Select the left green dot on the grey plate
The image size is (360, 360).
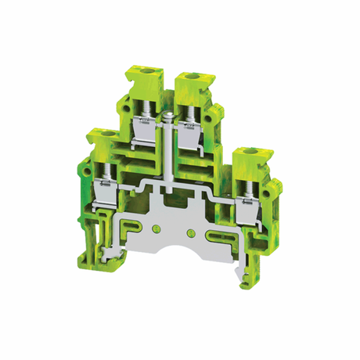coord(161,229)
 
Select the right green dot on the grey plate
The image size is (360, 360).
coord(189,233)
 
